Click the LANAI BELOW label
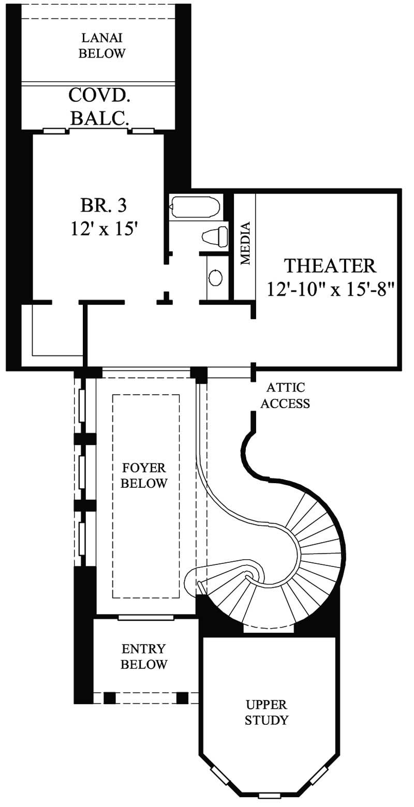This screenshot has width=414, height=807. point(102,46)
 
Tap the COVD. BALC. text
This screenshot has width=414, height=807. point(98,107)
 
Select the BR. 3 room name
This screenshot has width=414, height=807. point(103,205)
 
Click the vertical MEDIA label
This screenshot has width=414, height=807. point(245,243)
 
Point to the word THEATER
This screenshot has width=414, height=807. point(330,265)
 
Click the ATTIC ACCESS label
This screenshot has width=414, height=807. point(285,396)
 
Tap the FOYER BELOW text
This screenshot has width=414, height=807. point(144,475)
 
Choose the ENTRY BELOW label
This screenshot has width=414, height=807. point(144,656)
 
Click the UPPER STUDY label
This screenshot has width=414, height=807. point(267,712)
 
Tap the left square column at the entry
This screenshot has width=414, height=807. point(109,697)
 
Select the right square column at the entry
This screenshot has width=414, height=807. point(182,697)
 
